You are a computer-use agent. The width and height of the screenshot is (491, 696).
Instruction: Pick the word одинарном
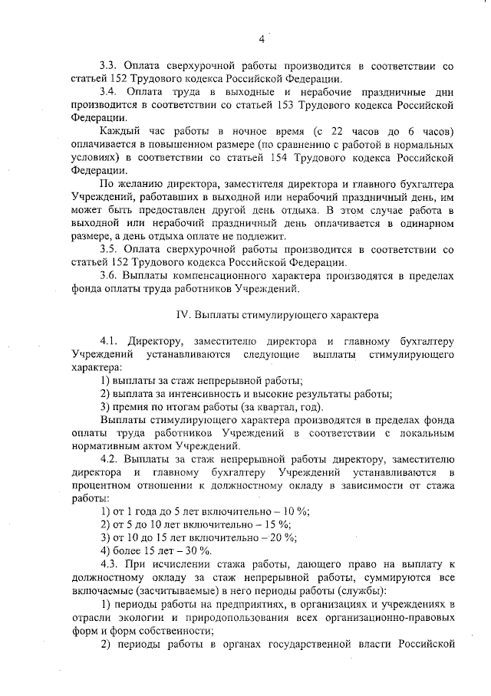pos(433,223)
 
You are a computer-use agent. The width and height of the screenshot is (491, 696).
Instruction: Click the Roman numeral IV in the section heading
pos(183,314)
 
